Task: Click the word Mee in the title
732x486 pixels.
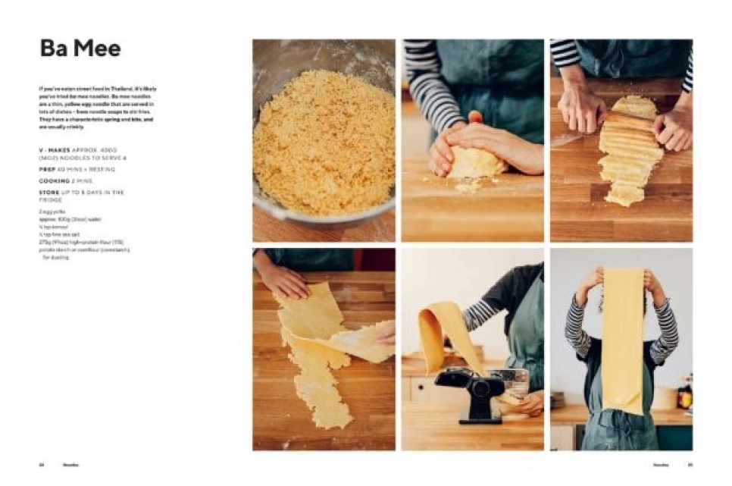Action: pos(95,49)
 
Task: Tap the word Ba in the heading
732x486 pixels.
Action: pos(53,49)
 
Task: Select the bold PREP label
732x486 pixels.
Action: pos(47,171)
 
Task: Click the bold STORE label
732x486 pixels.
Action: pos(49,193)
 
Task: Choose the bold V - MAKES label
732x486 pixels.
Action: pos(55,151)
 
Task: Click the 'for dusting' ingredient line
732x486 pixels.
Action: pos(55,258)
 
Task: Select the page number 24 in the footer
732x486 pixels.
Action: pos(42,465)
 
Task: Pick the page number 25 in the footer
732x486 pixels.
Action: pos(690,465)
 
